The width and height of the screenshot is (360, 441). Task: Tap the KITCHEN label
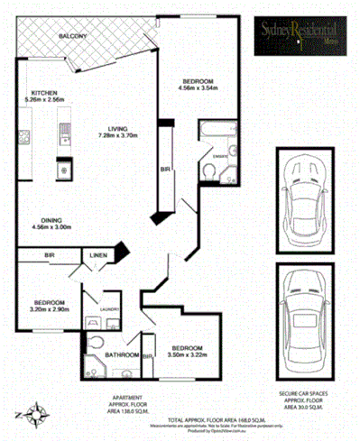tap(45, 93)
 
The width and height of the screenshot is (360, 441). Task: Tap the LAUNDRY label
tap(110, 308)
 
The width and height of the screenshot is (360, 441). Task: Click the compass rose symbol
tap(36, 415)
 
